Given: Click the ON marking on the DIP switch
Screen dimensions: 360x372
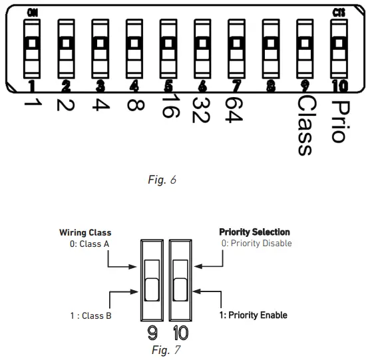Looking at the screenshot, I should (31, 12).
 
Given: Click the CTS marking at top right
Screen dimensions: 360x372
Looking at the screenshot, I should (339, 12).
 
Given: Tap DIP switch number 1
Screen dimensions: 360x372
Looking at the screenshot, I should (31, 51).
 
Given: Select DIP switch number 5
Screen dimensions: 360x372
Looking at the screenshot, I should (168, 51).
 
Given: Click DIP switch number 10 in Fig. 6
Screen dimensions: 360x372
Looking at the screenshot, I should (339, 51).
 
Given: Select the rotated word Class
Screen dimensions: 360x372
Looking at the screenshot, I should (305, 126).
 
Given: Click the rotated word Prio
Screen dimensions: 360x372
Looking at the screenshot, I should (339, 120).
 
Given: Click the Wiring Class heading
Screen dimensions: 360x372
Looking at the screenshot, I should (85, 232).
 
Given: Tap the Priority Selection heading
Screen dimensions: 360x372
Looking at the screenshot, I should (255, 232).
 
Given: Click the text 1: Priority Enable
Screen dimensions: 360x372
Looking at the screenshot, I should (254, 315).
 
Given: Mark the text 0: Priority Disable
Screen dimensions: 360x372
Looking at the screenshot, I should (256, 243).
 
